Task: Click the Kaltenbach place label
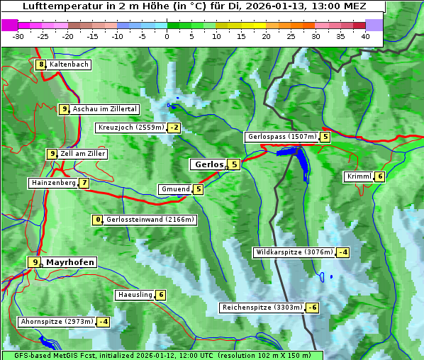pyautogui.click(x=69, y=64)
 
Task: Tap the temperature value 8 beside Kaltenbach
pyautogui.click(x=41, y=64)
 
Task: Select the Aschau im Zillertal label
pyautogui.click(x=105, y=109)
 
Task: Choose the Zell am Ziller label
pyautogui.click(x=82, y=154)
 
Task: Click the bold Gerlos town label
pyautogui.click(x=208, y=164)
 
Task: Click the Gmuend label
pyautogui.click(x=175, y=189)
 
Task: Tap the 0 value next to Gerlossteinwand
pyautogui.click(x=99, y=220)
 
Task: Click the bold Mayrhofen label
pyautogui.click(x=70, y=262)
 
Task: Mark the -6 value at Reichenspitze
pyautogui.click(x=312, y=308)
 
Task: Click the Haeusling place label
pyautogui.click(x=134, y=295)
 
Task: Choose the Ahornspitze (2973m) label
pyautogui.click(x=57, y=322)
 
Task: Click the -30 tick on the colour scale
pyautogui.click(x=18, y=36)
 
